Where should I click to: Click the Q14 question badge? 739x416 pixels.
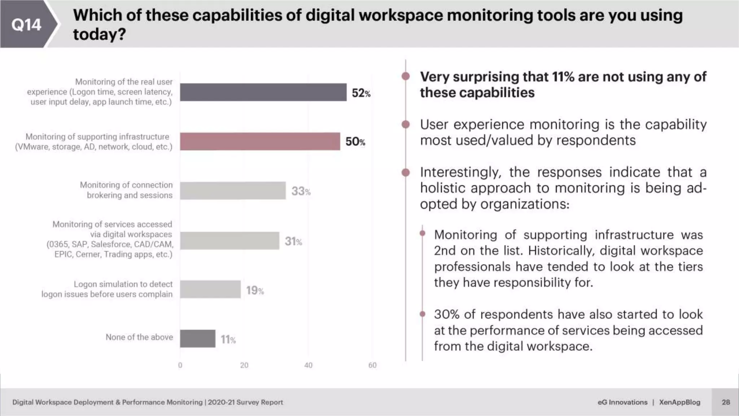[26, 25]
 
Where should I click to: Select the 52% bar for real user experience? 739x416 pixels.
[263, 92]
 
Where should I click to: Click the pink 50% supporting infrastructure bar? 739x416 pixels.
[260, 141]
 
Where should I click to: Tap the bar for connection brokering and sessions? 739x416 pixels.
[233, 190]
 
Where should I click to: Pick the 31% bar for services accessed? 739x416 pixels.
[229, 240]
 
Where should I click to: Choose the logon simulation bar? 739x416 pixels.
[210, 289]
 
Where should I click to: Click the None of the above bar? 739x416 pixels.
[198, 338]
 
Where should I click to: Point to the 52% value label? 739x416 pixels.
[361, 93]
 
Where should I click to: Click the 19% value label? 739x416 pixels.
[255, 290]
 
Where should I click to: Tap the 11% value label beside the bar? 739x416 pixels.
[228, 339]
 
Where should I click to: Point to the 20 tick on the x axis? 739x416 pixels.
[244, 365]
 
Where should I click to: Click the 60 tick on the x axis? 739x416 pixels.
[372, 365]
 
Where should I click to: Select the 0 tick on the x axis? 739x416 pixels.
[180, 365]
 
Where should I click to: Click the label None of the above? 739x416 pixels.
[139, 337]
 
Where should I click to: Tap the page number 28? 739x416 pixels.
[726, 402]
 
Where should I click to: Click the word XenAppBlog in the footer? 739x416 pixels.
[679, 402]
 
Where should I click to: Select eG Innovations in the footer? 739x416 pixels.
[622, 402]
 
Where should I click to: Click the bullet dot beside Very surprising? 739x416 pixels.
[406, 76]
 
